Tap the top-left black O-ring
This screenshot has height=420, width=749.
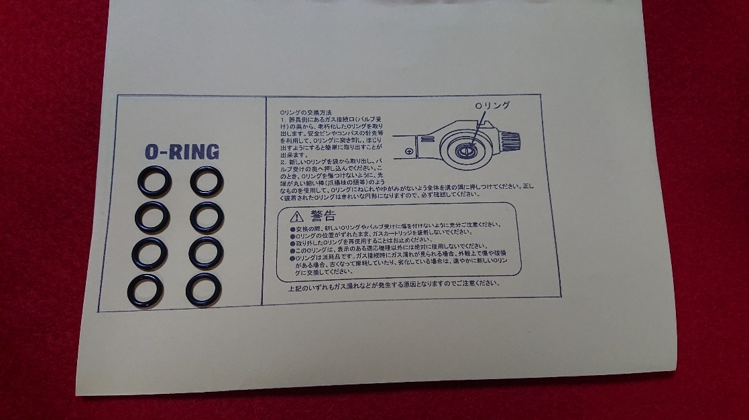click(154, 182)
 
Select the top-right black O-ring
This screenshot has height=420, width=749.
click(207, 180)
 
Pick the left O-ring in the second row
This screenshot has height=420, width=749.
click(152, 216)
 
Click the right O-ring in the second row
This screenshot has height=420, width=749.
click(207, 216)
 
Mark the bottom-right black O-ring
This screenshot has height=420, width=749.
click(203, 289)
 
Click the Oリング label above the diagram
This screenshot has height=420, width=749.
click(493, 106)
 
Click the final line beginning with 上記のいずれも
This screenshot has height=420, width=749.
click(394, 283)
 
